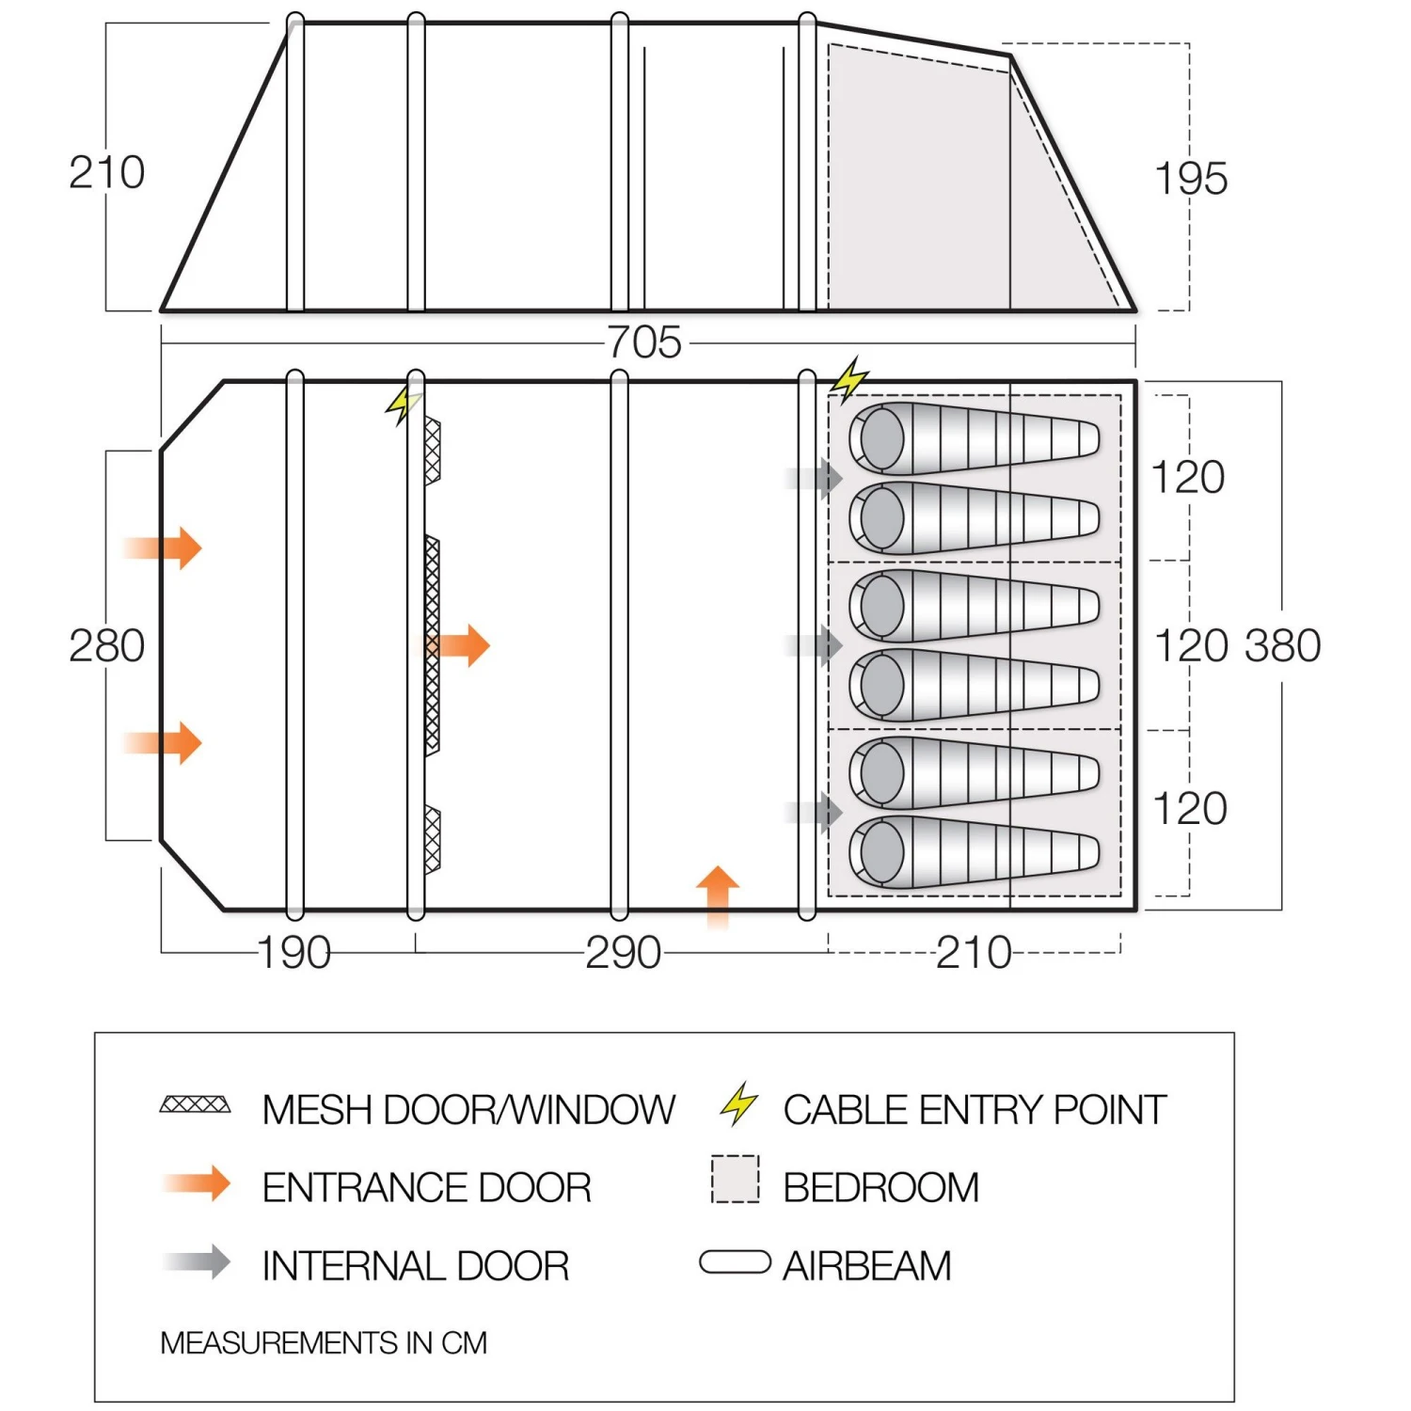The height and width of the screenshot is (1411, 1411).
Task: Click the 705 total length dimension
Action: pyautogui.click(x=644, y=342)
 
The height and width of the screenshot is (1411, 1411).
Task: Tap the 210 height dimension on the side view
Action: pyautogui.click(x=106, y=173)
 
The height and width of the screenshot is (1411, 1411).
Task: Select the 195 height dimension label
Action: pyautogui.click(x=1190, y=179)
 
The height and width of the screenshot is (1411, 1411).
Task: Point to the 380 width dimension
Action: pyautogui.click(x=1283, y=646)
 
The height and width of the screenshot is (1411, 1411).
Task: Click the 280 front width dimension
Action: pyautogui.click(x=106, y=646)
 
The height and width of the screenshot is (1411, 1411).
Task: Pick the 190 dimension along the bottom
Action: pyautogui.click(x=293, y=953)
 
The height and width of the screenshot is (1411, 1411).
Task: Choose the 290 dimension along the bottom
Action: pyautogui.click(x=623, y=953)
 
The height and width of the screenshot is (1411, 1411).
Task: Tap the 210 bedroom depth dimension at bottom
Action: pyautogui.click(x=974, y=953)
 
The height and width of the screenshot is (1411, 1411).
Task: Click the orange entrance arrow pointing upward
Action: pyautogui.click(x=718, y=895)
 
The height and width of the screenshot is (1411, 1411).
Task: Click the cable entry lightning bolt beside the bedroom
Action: pyautogui.click(x=849, y=379)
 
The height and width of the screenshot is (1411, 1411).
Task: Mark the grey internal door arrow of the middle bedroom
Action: pyautogui.click(x=816, y=645)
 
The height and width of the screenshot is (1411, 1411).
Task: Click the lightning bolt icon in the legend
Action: pyautogui.click(x=739, y=1104)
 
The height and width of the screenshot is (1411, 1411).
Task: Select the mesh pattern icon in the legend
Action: pyautogui.click(x=195, y=1104)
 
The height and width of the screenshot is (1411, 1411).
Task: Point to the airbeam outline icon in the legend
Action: pyautogui.click(x=735, y=1262)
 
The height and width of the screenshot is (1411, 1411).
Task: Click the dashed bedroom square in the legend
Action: pyautogui.click(x=735, y=1180)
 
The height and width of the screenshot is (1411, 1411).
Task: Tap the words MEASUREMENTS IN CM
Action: pyautogui.click(x=324, y=1342)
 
